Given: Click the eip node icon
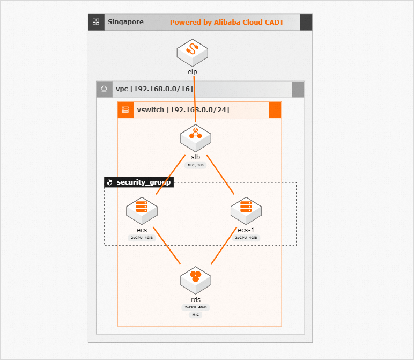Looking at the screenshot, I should [192, 52].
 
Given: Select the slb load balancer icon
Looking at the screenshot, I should [195, 137].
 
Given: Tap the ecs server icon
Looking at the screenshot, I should [142, 210].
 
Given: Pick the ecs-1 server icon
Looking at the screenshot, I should [246, 210].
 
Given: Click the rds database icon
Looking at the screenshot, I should [195, 279].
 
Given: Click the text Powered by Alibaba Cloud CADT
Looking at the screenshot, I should [226, 23].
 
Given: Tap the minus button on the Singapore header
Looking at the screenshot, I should [306, 23].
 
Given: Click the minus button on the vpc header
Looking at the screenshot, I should [298, 90].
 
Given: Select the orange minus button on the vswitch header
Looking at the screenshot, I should [275, 110].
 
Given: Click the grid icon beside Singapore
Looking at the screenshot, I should [96, 22].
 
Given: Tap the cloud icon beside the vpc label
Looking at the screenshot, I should [104, 90].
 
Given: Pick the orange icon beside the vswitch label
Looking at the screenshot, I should [125, 110].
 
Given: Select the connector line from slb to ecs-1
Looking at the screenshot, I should [220, 174].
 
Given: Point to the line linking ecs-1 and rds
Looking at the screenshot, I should [224, 245].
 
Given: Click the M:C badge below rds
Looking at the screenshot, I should [195, 315].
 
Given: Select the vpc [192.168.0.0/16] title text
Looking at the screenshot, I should [154, 89].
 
